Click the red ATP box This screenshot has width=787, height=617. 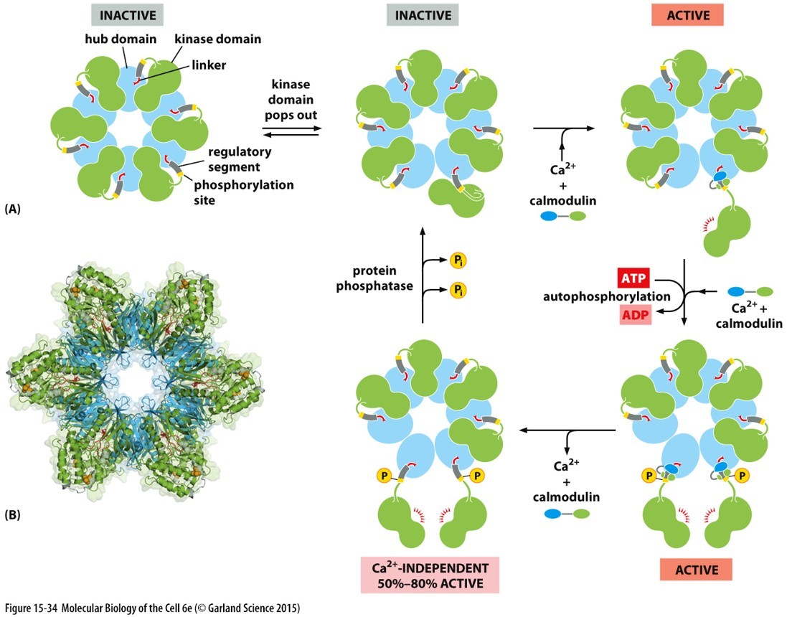(x=633, y=276)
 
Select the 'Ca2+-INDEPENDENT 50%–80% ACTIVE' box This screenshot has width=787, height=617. (x=431, y=570)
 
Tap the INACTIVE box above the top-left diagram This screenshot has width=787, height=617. (x=128, y=14)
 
